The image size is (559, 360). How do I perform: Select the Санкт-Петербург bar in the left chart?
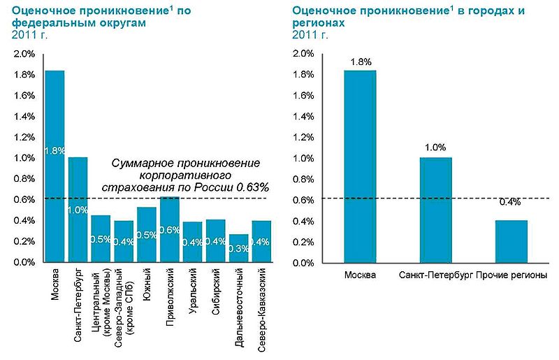pyautogui.click(x=78, y=210)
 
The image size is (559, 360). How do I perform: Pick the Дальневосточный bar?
pyautogui.click(x=238, y=248)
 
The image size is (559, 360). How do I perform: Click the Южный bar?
pyautogui.click(x=147, y=234)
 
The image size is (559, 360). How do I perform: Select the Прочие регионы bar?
pyautogui.click(x=511, y=241)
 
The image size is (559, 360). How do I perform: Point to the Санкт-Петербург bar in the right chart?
pyautogui.click(x=436, y=210)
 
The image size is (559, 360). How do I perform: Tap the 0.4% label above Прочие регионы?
pyautogui.click(x=511, y=202)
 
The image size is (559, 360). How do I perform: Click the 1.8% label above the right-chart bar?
pyautogui.click(x=360, y=61)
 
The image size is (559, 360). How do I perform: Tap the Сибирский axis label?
pyautogui.click(x=216, y=290)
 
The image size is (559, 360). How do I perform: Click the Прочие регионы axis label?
pyautogui.click(x=511, y=275)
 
